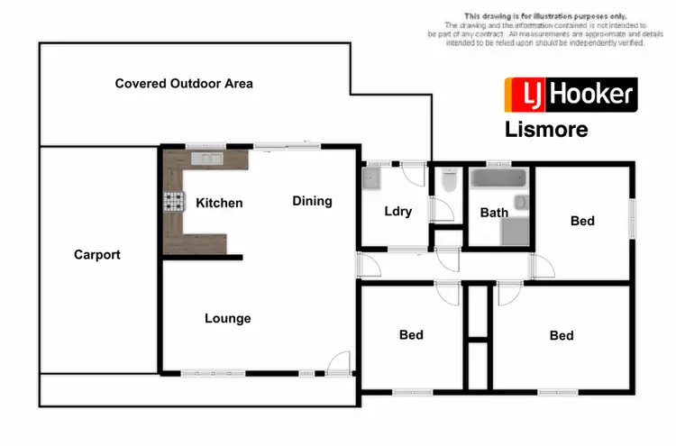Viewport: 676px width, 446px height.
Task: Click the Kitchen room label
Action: [x=219, y=203]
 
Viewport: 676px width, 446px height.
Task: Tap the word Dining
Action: [x=312, y=201]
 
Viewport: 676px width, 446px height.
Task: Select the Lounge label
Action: [x=227, y=318]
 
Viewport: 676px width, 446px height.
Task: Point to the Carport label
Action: [x=96, y=255]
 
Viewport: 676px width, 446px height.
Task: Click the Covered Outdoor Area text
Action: [x=184, y=84]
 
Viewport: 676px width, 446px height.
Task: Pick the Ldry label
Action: [x=397, y=212]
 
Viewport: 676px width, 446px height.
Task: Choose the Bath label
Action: [x=493, y=213]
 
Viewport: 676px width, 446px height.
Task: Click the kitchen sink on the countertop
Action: [x=207, y=159]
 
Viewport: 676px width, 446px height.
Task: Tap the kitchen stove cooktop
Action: [x=171, y=203]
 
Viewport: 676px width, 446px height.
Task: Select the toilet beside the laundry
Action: [x=448, y=182]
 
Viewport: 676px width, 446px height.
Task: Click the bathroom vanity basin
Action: [x=521, y=202]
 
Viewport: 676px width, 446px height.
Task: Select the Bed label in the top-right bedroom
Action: [x=582, y=221]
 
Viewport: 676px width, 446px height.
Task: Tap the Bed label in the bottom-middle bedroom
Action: [x=411, y=335]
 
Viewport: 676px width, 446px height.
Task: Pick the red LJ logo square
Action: [x=521, y=95]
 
